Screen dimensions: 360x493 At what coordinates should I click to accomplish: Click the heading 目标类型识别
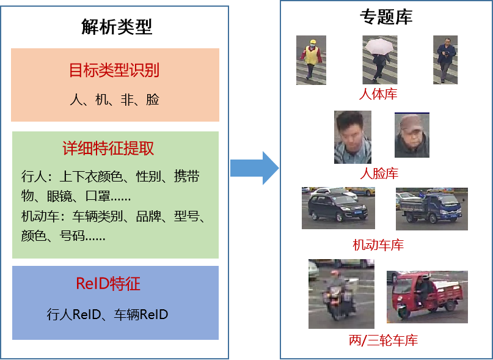[x=114, y=70]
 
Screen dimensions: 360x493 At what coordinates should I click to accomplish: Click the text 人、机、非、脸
[x=114, y=99]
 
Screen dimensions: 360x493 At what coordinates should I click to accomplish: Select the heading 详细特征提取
[x=108, y=149]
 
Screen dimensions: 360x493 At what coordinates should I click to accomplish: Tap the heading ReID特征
[x=108, y=284]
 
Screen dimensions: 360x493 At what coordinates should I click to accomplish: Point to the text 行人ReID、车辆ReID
[x=108, y=315]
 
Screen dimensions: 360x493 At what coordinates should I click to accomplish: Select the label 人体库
[x=378, y=94]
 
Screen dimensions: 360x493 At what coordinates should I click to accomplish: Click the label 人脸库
[x=379, y=174]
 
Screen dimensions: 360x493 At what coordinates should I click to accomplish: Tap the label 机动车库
[x=378, y=245]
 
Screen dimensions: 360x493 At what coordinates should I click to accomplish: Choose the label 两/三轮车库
[x=383, y=340]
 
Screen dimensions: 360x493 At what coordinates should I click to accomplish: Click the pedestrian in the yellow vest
[x=311, y=59]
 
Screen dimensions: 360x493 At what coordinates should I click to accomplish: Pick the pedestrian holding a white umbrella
[x=379, y=59]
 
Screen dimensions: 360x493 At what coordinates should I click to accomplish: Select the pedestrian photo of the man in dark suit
[x=445, y=59]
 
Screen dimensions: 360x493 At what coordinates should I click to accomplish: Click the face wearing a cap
[x=412, y=136]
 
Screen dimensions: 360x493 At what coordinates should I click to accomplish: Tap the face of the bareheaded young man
[x=352, y=137]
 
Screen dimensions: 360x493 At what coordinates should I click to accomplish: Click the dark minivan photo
[x=338, y=208]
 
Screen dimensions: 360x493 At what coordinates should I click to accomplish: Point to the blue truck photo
[x=431, y=208]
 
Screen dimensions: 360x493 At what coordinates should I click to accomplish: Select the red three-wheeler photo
[x=427, y=296]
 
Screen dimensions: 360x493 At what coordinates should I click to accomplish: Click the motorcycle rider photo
[x=341, y=293]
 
